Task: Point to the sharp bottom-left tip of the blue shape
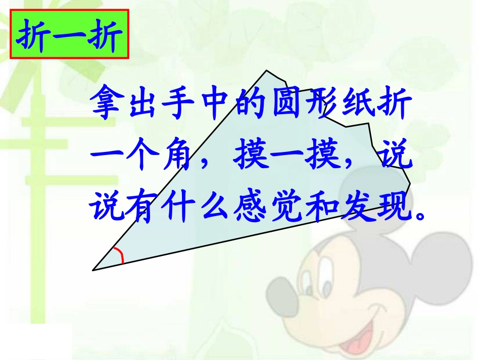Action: click(94, 270)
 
